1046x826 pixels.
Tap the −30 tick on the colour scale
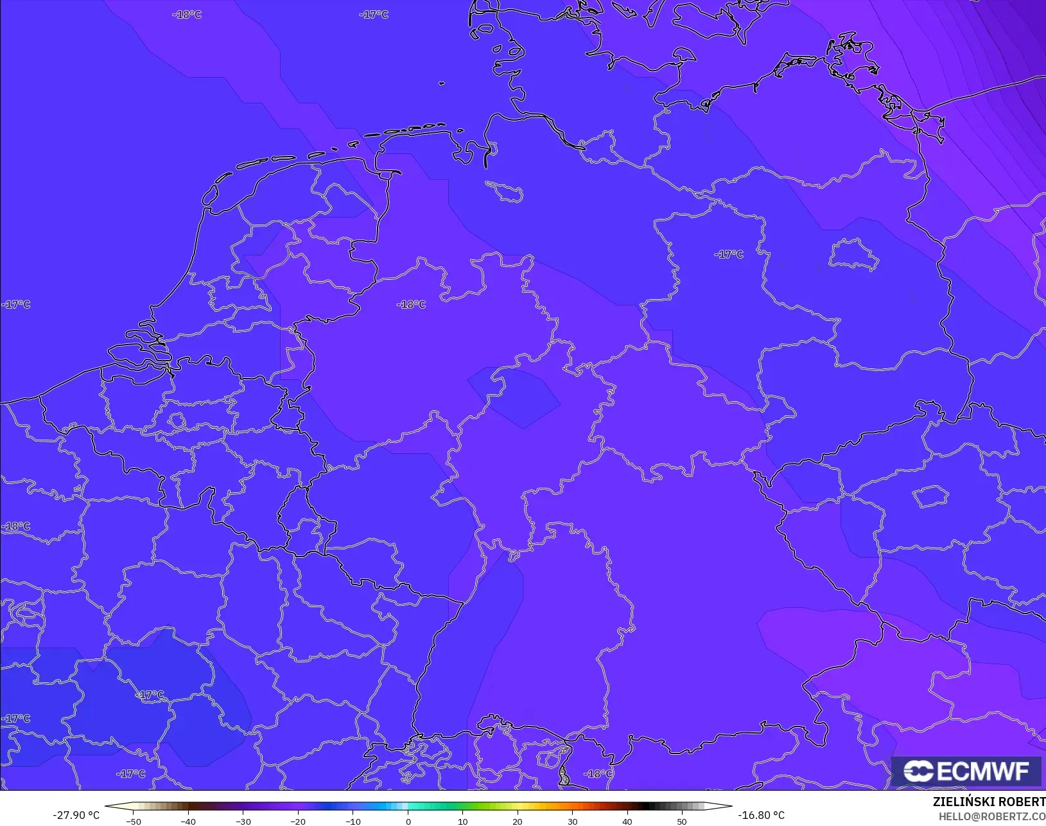click(243, 821)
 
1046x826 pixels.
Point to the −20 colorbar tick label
click(297, 821)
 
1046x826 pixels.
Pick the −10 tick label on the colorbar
click(353, 821)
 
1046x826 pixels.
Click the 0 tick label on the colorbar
click(408, 821)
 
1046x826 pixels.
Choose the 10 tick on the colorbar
click(462, 821)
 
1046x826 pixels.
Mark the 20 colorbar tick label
click(518, 821)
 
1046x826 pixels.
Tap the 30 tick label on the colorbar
click(572, 821)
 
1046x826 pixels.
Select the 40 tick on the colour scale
click(627, 821)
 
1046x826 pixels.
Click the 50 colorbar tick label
click(682, 821)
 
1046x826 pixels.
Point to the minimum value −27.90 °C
click(76, 815)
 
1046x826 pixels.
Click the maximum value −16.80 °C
click(761, 815)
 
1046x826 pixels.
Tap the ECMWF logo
click(966, 771)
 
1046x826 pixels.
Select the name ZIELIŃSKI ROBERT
click(989, 802)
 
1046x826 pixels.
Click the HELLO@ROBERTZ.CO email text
click(992, 816)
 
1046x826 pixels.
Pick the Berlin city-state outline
click(853, 254)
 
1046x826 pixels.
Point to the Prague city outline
click(930, 496)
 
